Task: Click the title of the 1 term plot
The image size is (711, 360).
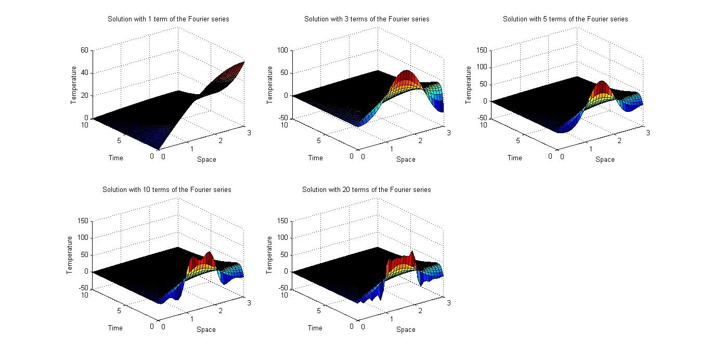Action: coord(168,19)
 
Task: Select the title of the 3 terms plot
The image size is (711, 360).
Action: coord(367,19)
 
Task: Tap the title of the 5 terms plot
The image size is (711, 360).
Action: coord(565,19)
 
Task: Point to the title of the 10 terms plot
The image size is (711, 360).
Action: coord(167,190)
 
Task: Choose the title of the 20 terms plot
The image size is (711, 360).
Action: coord(367,190)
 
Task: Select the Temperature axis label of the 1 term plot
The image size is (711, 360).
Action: coord(74,85)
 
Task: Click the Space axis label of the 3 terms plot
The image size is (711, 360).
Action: coord(406,159)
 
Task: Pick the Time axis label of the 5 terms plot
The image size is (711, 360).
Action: coord(514,158)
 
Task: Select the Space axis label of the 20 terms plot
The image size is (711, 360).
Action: coord(406,329)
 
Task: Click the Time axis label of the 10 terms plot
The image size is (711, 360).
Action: coord(115,328)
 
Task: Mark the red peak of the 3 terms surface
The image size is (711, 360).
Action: coord(406,73)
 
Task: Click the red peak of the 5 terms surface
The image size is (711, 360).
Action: coord(602,84)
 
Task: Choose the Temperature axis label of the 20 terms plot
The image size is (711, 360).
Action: coord(269,255)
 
